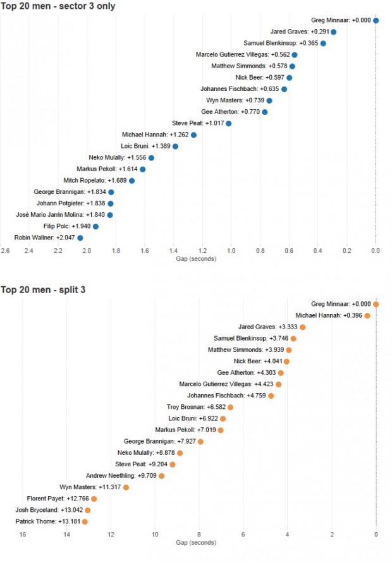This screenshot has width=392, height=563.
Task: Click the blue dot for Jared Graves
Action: point(334,32)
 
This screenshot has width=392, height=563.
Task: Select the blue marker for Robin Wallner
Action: point(80,238)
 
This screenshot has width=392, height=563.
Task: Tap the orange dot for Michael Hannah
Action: point(367,315)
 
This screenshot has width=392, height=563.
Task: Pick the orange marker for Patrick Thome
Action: point(85,521)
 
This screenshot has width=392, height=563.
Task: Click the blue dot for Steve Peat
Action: point(229,123)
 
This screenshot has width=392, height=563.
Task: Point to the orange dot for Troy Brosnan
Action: point(230,407)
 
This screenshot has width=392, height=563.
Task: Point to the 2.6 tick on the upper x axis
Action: point(5,251)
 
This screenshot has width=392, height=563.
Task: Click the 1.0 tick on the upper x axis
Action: point(231,251)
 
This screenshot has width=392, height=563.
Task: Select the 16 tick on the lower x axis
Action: point(23,535)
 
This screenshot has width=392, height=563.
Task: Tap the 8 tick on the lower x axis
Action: point(199,535)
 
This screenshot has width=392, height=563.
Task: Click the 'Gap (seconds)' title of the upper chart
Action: point(196,259)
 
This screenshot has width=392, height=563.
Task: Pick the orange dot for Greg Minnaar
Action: point(376,304)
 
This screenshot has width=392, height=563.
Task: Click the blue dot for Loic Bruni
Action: point(176,146)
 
